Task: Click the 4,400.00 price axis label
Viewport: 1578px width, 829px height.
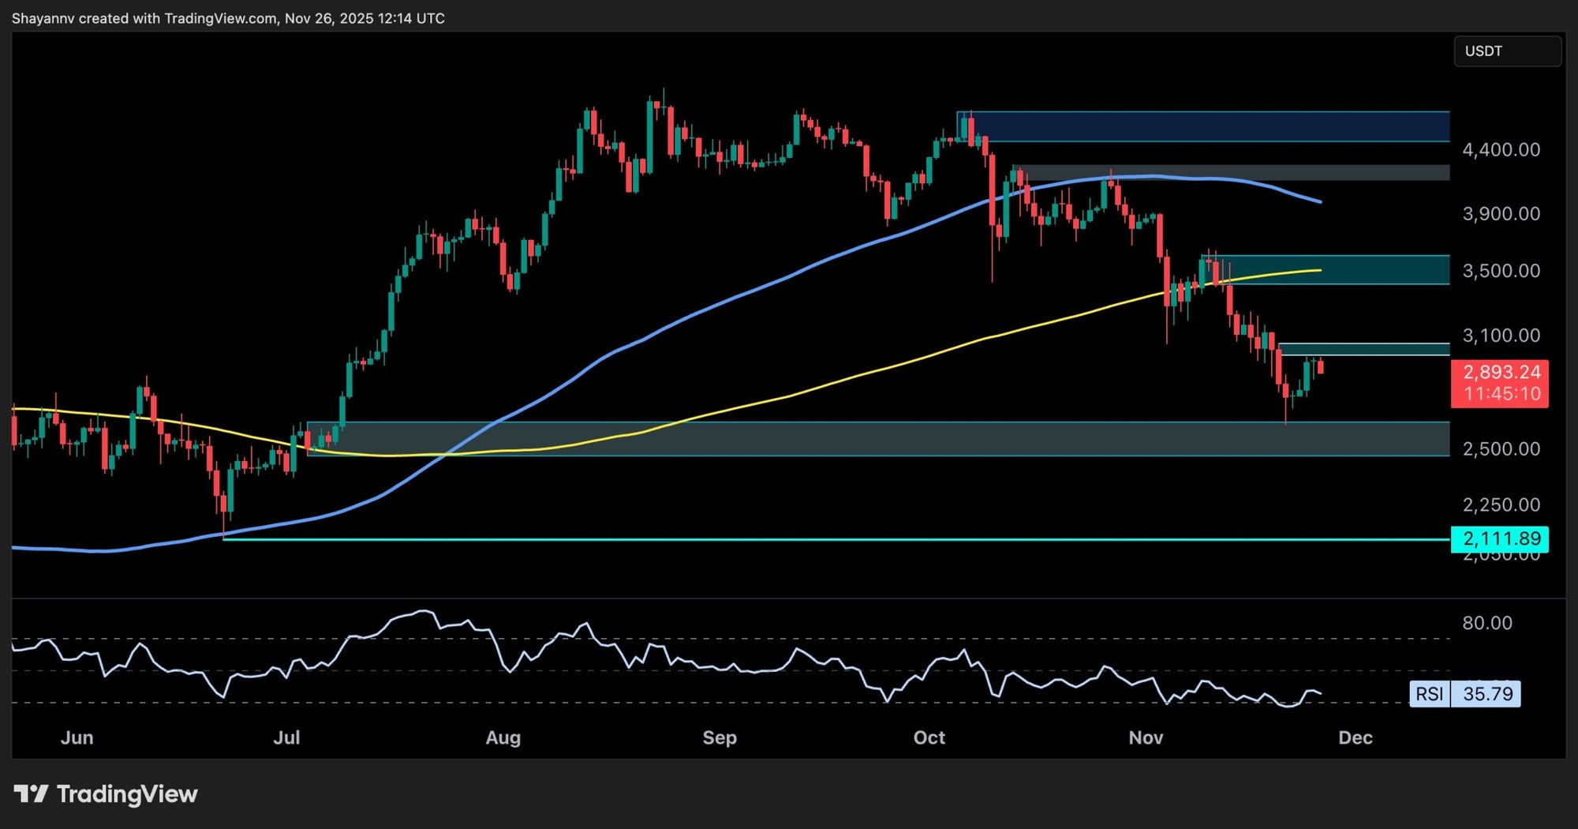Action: click(x=1501, y=150)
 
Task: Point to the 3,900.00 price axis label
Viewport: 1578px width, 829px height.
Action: click(x=1501, y=214)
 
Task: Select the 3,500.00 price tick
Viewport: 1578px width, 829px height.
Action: click(x=1501, y=272)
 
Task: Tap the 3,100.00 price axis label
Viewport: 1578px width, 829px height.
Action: click(x=1501, y=336)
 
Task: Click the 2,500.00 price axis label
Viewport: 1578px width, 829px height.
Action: click(x=1501, y=449)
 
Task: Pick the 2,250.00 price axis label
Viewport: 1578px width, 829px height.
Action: click(x=1501, y=505)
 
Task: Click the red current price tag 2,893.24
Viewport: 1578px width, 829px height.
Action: click(x=1501, y=373)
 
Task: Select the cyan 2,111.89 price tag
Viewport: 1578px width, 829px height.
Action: click(x=1501, y=539)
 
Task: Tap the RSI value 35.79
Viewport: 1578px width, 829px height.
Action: click(x=1487, y=694)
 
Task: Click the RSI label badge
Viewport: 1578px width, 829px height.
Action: click(x=1429, y=694)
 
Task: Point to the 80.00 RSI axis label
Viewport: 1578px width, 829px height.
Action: click(x=1487, y=623)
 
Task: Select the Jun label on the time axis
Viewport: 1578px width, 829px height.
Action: click(x=77, y=737)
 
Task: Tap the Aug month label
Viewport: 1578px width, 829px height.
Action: click(x=503, y=737)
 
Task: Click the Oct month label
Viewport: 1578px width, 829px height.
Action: click(x=929, y=737)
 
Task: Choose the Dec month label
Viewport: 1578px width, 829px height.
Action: click(x=1356, y=737)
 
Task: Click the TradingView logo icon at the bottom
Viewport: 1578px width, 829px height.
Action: click(x=31, y=793)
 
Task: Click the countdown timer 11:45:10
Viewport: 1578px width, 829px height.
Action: click(x=1501, y=394)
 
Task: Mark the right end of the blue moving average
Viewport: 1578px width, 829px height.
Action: click(x=1321, y=202)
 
